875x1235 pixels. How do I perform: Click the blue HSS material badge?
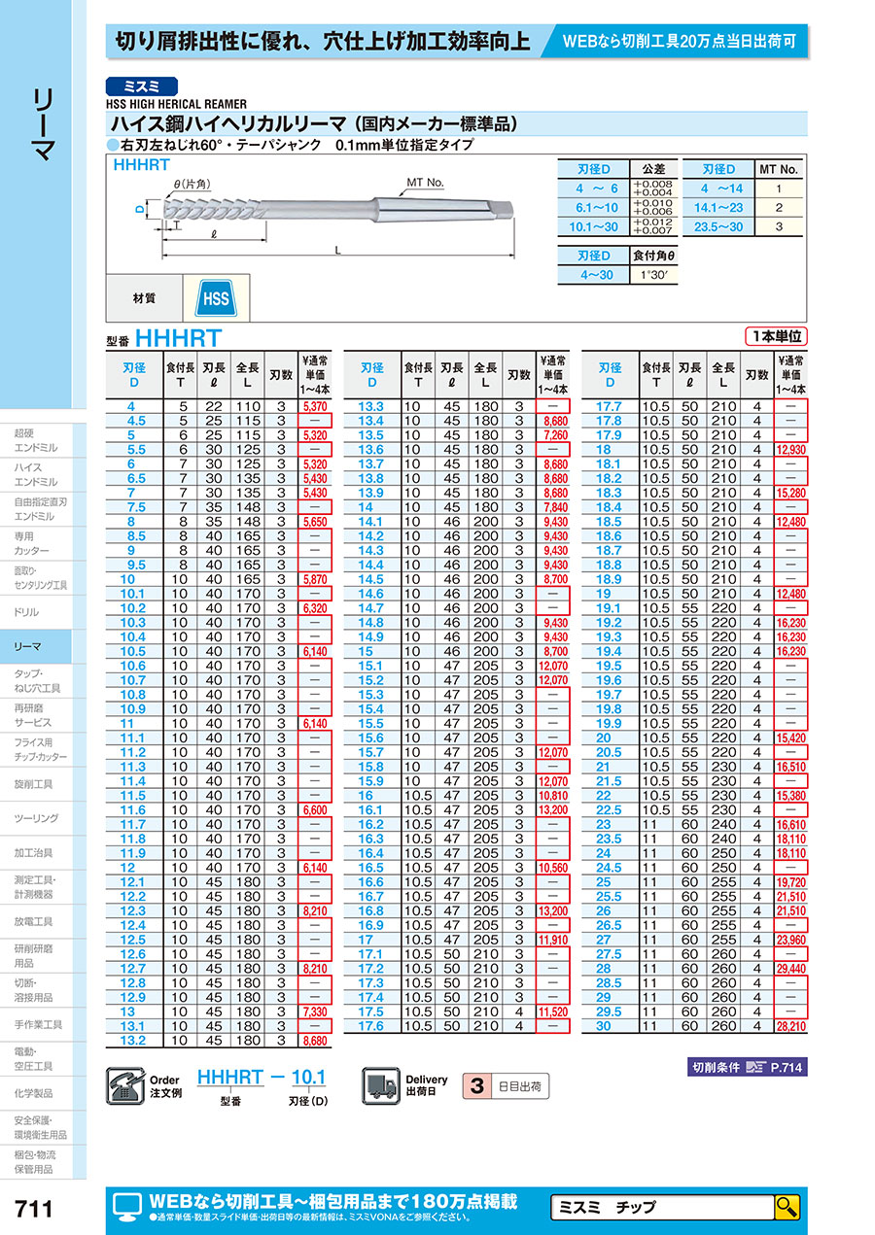pos(215,297)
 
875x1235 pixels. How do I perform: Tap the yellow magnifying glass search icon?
pos(787,1207)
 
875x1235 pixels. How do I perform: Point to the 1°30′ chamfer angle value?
pos(654,275)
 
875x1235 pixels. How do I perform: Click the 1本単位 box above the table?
pos(776,336)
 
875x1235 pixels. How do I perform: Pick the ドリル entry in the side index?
pos(27,612)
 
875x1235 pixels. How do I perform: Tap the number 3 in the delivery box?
pos(476,1084)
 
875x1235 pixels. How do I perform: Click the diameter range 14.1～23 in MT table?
pos(717,207)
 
